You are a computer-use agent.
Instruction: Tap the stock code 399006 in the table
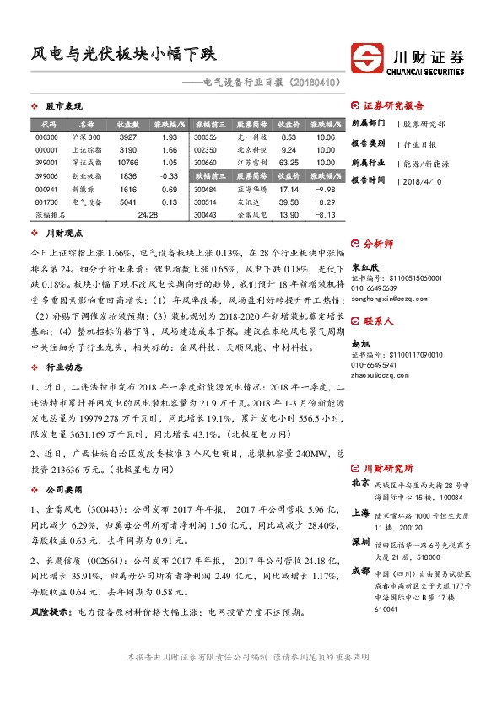47,176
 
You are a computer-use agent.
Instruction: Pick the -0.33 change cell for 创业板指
169,176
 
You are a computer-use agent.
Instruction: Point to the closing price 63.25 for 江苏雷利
289,163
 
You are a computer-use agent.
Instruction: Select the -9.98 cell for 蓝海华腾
326,189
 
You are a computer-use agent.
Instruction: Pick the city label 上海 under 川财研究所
359,514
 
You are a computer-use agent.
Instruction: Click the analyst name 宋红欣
361,266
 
